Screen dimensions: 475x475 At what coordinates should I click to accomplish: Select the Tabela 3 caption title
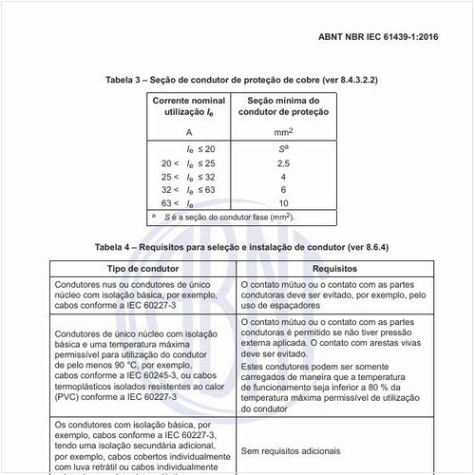pos(237,80)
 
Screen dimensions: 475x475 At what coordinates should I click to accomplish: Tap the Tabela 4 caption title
pos(237,247)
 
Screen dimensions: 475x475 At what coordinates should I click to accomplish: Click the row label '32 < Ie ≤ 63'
pos(187,190)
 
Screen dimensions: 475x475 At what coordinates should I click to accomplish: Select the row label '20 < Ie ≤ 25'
pos(187,163)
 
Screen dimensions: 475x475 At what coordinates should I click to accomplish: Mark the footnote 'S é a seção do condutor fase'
pos(228,218)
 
